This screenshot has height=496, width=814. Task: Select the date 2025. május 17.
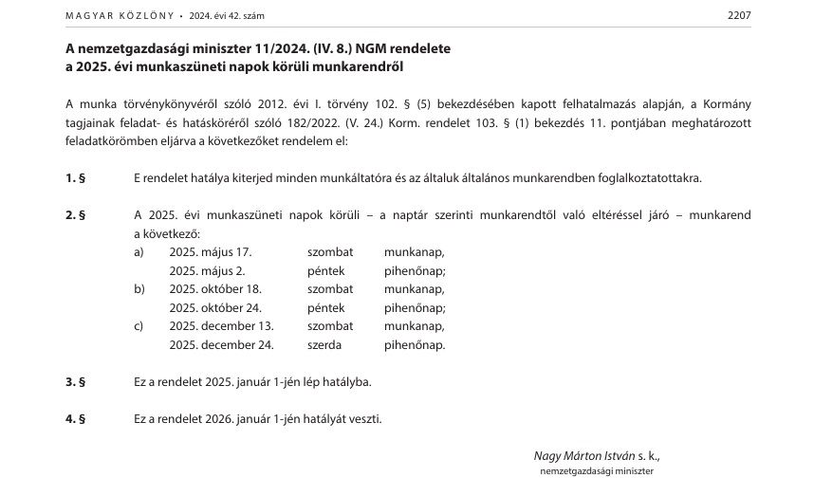pyautogui.click(x=211, y=252)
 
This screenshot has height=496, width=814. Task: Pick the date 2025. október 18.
pyautogui.click(x=215, y=289)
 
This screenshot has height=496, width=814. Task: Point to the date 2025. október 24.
pyautogui.click(x=215, y=308)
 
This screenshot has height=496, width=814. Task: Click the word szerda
pyautogui.click(x=324, y=345)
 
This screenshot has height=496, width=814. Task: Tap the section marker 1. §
pyautogui.click(x=76, y=177)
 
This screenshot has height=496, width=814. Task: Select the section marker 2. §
pyautogui.click(x=76, y=215)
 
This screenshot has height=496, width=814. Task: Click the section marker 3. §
pyautogui.click(x=76, y=382)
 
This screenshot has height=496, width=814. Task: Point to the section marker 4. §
pyautogui.click(x=76, y=419)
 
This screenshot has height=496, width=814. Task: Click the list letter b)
pyautogui.click(x=140, y=289)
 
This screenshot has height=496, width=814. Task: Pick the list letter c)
pyautogui.click(x=139, y=326)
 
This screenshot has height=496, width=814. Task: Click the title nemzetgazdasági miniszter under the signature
pyautogui.click(x=597, y=470)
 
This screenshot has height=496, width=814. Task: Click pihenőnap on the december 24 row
pyautogui.click(x=415, y=345)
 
